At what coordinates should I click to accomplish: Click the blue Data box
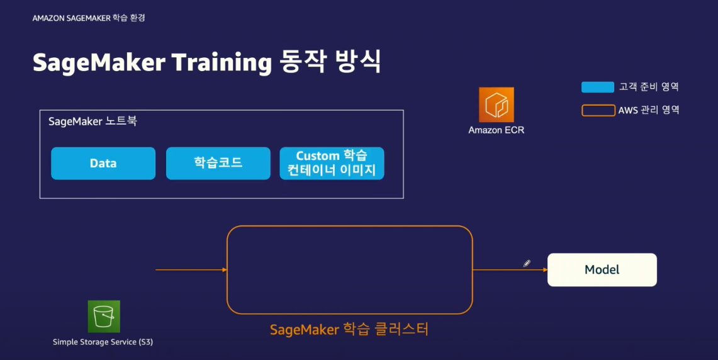[103, 164]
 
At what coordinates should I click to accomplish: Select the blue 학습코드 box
[218, 164]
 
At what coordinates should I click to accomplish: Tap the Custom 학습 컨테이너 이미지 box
[332, 164]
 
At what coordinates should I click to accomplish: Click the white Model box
[602, 270]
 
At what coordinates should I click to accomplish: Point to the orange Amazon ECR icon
[496, 104]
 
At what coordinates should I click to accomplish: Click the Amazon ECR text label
[496, 130]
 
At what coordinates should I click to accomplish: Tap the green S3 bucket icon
[104, 317]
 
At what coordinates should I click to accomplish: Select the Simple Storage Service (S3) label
[103, 342]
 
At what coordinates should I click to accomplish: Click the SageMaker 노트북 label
[93, 121]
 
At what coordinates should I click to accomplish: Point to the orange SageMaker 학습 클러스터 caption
[349, 329]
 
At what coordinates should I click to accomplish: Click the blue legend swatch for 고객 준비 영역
[598, 87]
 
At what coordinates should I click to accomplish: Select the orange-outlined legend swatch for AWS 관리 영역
[598, 110]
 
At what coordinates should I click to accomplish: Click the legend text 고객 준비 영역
[649, 87]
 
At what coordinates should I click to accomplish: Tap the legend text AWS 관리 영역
[649, 110]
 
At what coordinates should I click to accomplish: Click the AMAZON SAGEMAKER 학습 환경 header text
[89, 18]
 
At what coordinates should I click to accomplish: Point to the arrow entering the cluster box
[191, 270]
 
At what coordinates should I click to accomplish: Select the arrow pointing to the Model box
[510, 270]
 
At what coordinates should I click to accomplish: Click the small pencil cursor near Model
[527, 264]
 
